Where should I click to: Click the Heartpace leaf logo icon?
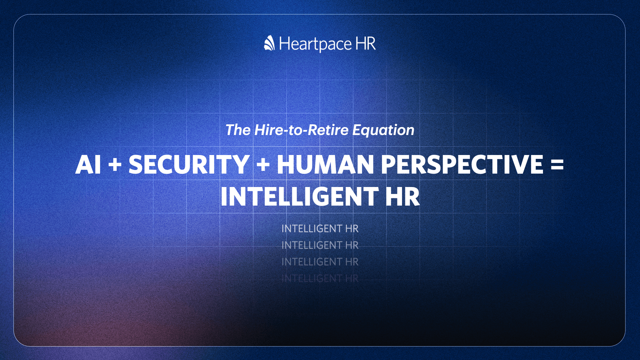tap(269, 43)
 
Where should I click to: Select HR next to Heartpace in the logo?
tap(366, 43)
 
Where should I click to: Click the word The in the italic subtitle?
tap(238, 130)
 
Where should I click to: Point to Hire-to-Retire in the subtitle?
tap(301, 130)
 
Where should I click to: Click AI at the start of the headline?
tap(88, 164)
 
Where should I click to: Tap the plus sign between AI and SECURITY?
tap(115, 165)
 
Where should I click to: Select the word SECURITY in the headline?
tap(189, 164)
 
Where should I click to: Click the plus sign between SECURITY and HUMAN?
tap(263, 165)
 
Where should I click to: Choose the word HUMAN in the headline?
tap(325, 164)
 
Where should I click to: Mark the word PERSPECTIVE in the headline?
tap(462, 164)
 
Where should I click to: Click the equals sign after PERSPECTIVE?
tap(557, 165)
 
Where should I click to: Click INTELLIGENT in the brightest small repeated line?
tap(312, 229)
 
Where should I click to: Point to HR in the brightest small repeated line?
tap(352, 229)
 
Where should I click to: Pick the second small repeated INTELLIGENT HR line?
tap(320, 245)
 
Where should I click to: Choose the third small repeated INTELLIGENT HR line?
tap(320, 262)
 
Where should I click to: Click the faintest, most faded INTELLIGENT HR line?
tap(320, 278)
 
